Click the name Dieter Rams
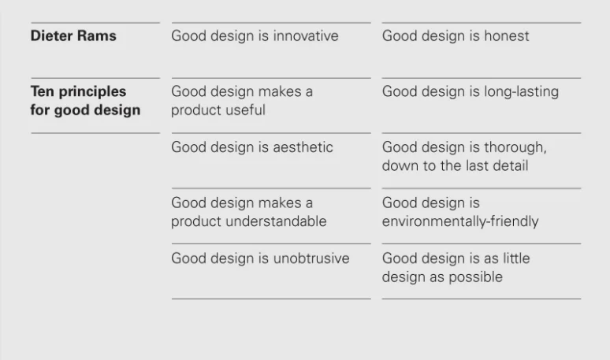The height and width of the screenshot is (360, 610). [73, 35]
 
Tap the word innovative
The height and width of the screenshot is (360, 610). [306, 35]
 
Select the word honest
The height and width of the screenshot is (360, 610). [507, 35]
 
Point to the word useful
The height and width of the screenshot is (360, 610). [245, 110]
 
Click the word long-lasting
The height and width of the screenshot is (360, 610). [521, 92]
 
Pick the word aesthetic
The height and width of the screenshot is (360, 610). [303, 147]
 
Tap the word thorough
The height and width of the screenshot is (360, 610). [515, 148]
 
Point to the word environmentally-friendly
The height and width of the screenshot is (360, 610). [460, 221]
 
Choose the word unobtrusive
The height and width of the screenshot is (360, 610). [311, 258]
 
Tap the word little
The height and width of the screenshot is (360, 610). [516, 258]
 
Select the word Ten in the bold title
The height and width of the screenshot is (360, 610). [43, 91]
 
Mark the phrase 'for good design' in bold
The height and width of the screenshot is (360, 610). [85, 110]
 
